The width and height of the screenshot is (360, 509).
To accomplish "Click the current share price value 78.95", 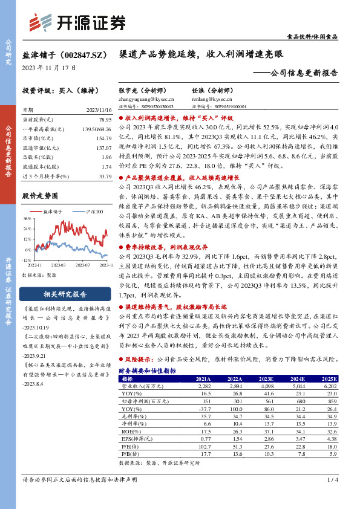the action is (105, 120).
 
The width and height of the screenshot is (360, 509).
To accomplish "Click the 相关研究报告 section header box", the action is (67, 294).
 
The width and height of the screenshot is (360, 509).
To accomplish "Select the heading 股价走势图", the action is (40, 196).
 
